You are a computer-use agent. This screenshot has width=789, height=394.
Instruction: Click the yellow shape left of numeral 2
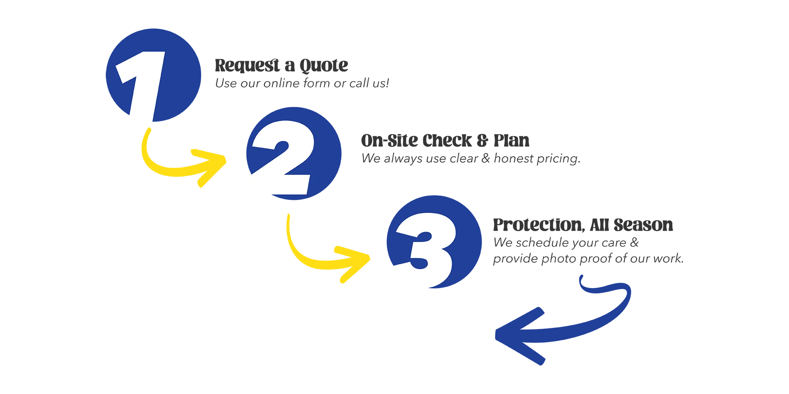coord(185,152)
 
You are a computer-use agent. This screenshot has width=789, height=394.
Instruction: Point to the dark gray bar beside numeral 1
coord(493,72)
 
